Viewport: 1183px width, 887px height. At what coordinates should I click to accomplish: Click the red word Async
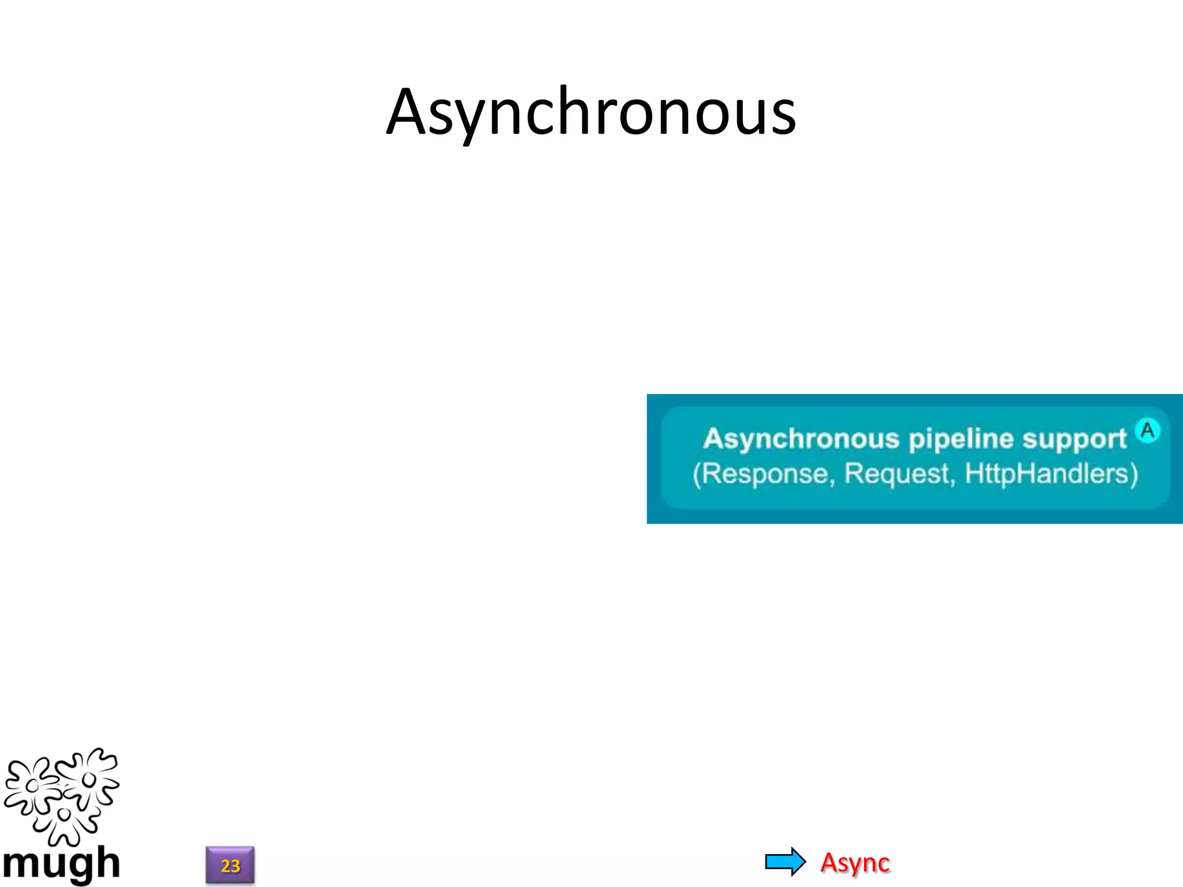tap(855, 863)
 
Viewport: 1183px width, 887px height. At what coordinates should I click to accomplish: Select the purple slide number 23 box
tap(230, 865)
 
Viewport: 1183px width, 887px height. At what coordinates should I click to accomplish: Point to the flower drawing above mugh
tap(61, 795)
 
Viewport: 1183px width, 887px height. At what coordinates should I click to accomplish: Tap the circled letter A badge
tap(1147, 430)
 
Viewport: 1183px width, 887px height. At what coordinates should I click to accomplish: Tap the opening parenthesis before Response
tap(697, 475)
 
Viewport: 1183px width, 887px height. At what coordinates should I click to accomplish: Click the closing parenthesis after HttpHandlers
tap(1133, 475)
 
